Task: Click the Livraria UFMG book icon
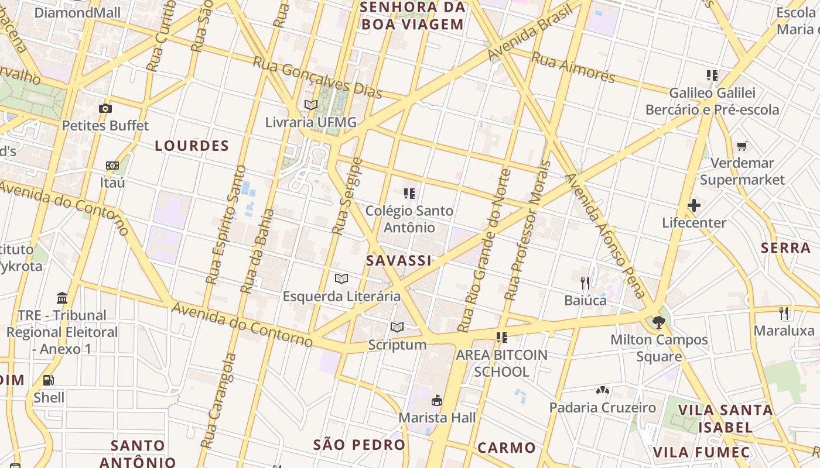310,105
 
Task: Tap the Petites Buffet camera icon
105,108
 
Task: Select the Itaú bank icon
112,166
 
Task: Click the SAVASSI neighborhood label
399,261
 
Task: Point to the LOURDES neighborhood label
192,146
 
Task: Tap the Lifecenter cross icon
694,205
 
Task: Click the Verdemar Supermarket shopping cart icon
742,146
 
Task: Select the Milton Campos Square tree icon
658,322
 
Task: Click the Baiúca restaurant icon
585,283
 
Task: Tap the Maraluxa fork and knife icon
784,313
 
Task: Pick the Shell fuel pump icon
49,380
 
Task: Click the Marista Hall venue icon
437,401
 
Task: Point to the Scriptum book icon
397,327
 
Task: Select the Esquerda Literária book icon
341,278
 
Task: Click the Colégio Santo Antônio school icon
409,193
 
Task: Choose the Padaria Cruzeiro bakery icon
603,390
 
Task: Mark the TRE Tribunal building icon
62,298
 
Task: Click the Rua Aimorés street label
573,67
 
